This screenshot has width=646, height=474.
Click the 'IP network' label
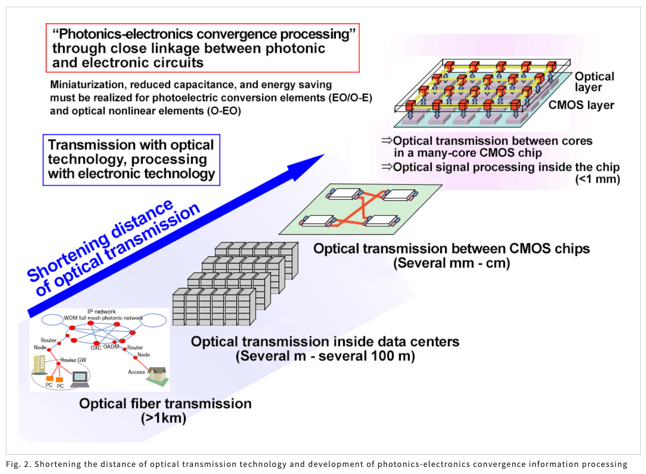(101, 312)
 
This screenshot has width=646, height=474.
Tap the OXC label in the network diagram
(96, 348)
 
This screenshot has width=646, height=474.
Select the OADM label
(111, 347)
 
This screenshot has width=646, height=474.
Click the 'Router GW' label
(73, 360)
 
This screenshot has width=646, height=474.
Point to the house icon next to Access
(158, 376)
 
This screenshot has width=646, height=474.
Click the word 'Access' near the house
(136, 372)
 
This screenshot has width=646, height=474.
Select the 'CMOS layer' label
(581, 105)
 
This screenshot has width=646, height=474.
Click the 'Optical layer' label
(594, 82)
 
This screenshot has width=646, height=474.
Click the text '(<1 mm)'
(597, 179)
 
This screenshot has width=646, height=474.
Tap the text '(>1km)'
(164, 418)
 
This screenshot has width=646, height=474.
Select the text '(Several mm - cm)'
(452, 263)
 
